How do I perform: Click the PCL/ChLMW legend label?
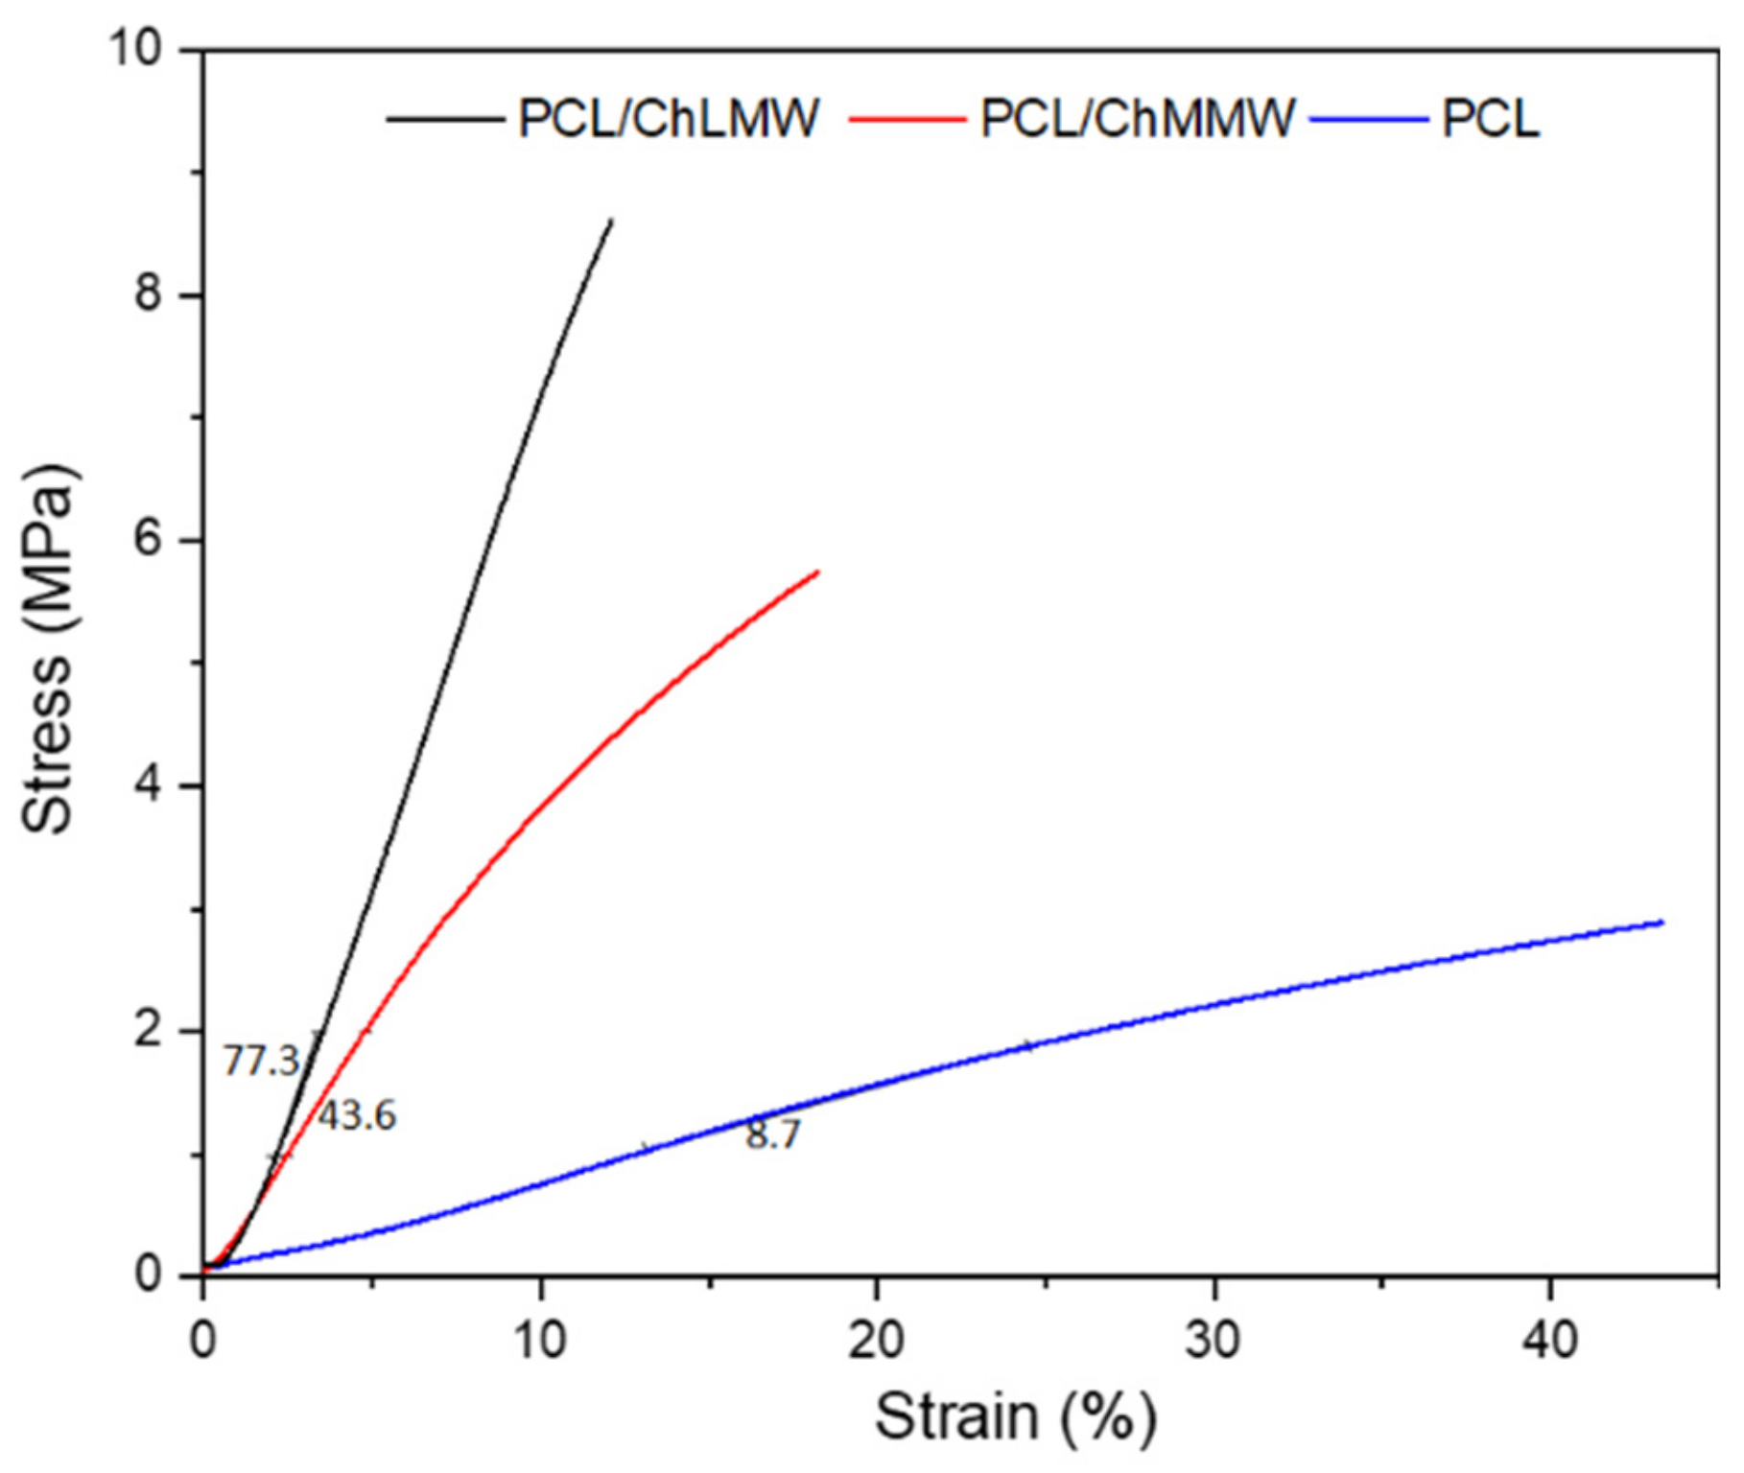point(669,119)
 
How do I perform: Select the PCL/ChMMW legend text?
point(1138,119)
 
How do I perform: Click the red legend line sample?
point(907,119)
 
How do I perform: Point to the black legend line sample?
point(445,119)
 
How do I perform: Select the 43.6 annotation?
point(357,1115)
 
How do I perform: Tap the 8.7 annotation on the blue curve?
point(773,1134)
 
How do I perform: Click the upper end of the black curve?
point(611,221)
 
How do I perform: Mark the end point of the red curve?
point(817,572)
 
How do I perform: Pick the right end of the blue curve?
point(1662,923)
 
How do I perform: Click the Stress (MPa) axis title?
point(48,650)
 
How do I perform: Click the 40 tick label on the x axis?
point(1550,1339)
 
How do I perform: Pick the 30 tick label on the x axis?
point(1214,1339)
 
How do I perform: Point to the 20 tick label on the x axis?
point(876,1339)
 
